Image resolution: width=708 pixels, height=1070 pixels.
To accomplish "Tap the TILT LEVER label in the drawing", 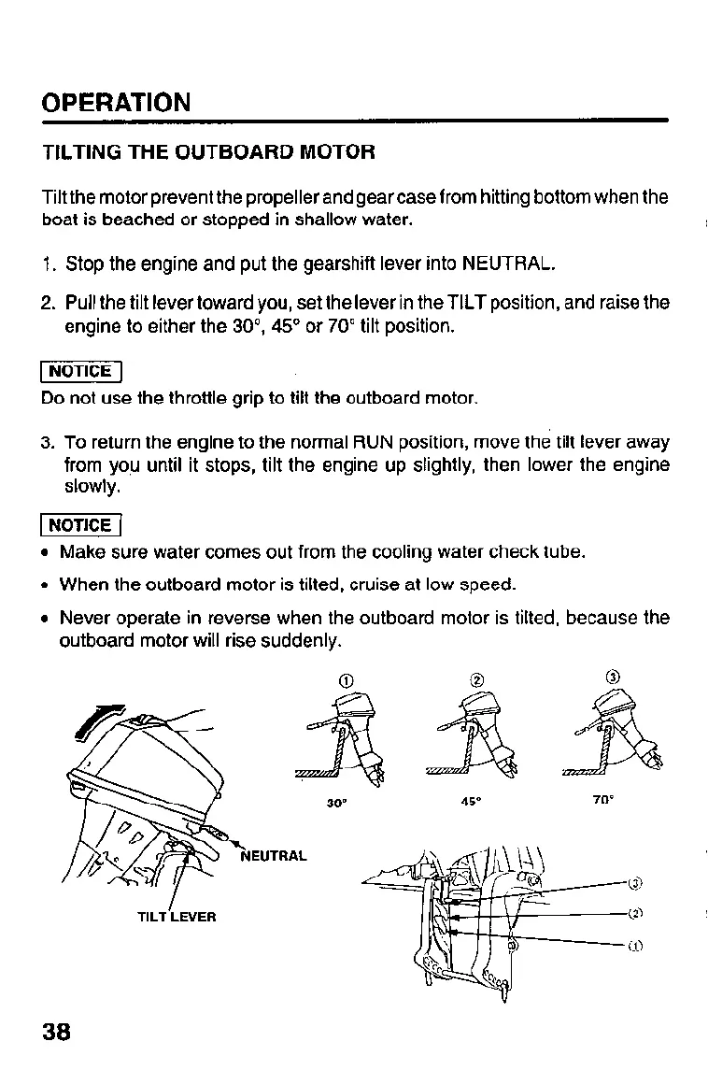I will [176, 917].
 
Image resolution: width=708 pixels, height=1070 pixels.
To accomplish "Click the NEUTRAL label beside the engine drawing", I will [274, 855].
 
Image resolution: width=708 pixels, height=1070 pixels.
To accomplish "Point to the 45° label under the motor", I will [470, 801].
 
